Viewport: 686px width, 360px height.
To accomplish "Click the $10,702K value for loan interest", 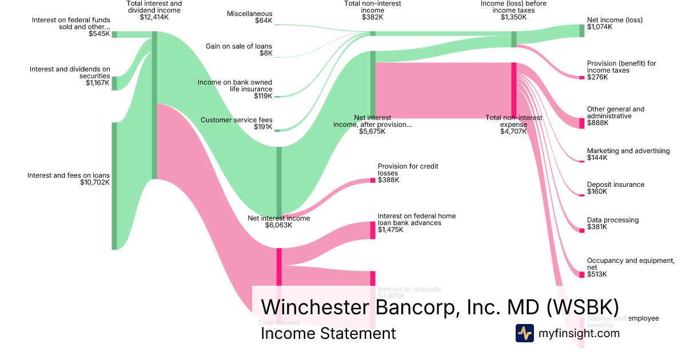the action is [x=95, y=183].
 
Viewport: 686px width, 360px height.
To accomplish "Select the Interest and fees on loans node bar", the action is [x=114, y=186].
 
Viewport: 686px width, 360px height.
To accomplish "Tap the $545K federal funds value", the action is [x=99, y=34].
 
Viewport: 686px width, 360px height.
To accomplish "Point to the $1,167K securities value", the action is [x=97, y=83].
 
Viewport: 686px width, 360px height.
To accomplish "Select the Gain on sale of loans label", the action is [x=239, y=46].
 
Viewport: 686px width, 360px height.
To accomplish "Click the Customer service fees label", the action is [x=237, y=120].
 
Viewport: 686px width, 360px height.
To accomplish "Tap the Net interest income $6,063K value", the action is [x=278, y=225].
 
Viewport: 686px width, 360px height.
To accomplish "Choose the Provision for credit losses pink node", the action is [x=373, y=181].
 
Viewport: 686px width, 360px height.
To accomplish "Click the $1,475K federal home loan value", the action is [x=390, y=230].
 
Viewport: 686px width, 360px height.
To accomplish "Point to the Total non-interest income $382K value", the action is [x=373, y=17].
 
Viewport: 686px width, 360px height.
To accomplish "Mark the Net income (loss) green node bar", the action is [x=582, y=31].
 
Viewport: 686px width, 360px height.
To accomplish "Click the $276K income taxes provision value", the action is [x=597, y=77].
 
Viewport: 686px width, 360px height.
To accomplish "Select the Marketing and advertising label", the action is [x=628, y=151].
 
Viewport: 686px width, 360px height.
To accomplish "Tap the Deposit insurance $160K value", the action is [x=597, y=191].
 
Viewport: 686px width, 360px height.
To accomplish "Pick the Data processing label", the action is [x=613, y=220].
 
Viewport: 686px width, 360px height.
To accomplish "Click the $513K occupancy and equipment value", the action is [x=597, y=274].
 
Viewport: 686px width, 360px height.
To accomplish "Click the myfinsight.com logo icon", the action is [x=524, y=333].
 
